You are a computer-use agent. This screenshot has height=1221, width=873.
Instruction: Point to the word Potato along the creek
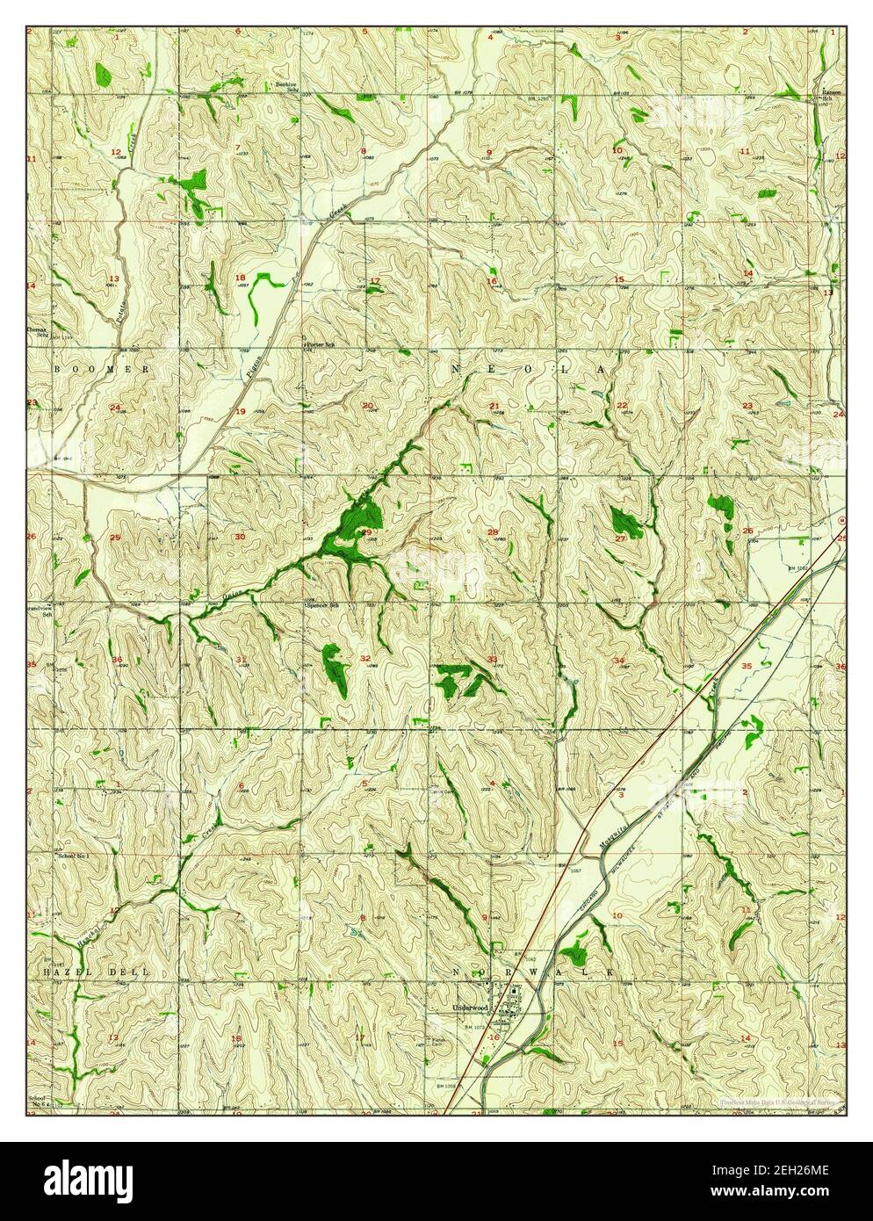tap(122, 311)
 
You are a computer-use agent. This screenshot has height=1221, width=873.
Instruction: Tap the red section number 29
tap(367, 532)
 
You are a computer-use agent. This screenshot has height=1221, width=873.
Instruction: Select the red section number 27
tap(620, 538)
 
